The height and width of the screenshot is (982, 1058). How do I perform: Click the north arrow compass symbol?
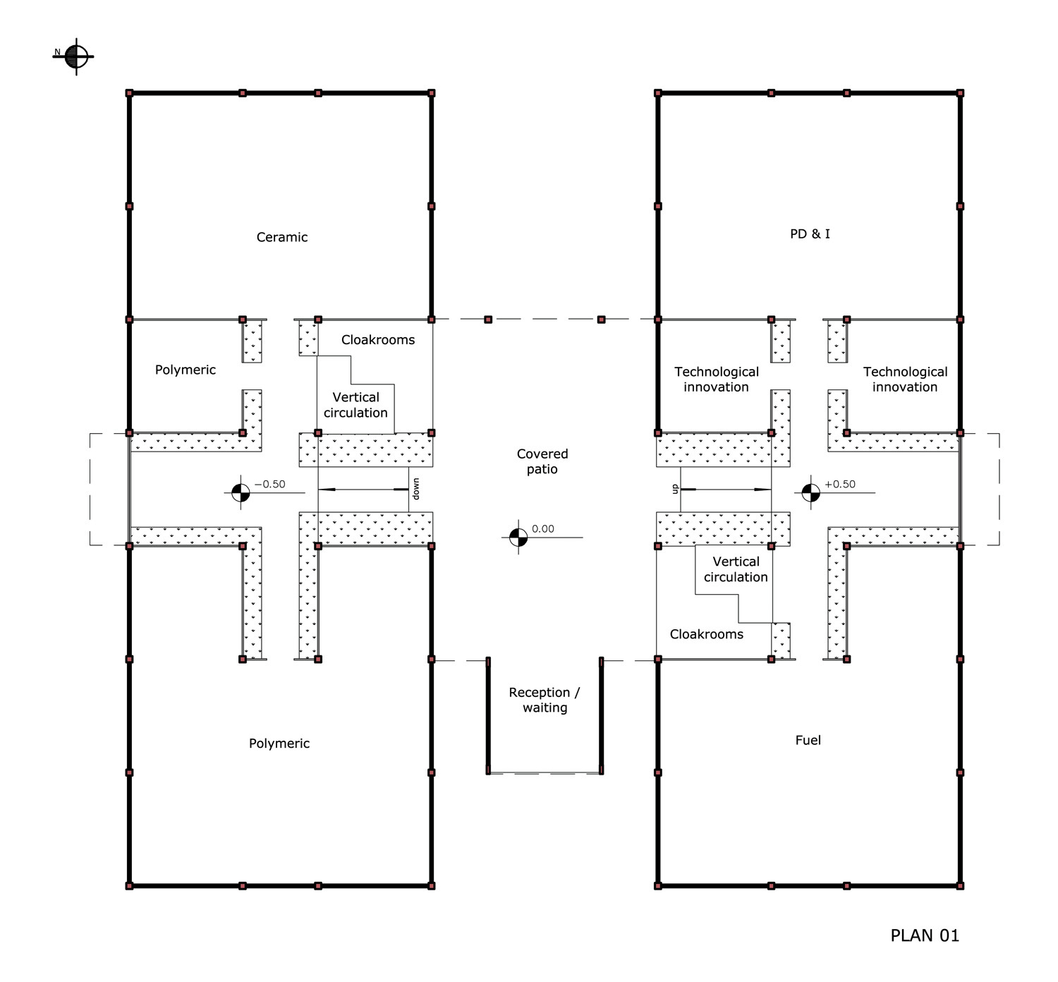pyautogui.click(x=76, y=56)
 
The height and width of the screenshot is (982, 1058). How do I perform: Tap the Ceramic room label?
pyautogui.click(x=282, y=237)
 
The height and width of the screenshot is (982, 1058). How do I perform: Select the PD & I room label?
pyautogui.click(x=810, y=234)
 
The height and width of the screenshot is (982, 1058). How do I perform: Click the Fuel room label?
pyautogui.click(x=808, y=740)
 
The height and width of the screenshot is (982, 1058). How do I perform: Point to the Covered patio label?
pyautogui.click(x=542, y=461)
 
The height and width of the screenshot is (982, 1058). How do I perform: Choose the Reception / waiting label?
pyautogui.click(x=545, y=700)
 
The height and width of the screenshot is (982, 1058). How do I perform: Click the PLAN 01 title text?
pyautogui.click(x=925, y=935)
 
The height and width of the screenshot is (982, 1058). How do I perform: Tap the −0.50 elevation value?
pyautogui.click(x=270, y=484)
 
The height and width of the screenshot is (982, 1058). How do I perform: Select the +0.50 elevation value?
pyautogui.click(x=839, y=484)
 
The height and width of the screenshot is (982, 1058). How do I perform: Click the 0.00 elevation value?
pyautogui.click(x=543, y=528)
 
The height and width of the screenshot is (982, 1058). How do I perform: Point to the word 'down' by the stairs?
pyautogui.click(x=415, y=489)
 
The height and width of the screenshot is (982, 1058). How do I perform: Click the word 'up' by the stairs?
pyautogui.click(x=674, y=489)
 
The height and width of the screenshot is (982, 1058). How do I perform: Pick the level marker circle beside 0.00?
pyautogui.click(x=518, y=538)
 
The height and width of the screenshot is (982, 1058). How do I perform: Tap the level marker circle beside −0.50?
pyautogui.click(x=241, y=493)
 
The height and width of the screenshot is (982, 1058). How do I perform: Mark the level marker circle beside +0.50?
pyautogui.click(x=811, y=493)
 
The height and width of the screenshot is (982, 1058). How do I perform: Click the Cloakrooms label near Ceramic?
pyautogui.click(x=377, y=340)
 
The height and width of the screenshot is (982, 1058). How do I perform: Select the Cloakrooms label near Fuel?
pyautogui.click(x=707, y=634)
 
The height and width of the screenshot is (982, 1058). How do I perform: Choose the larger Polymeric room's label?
pyautogui.click(x=279, y=744)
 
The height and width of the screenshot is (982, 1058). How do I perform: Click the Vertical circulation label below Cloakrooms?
pyautogui.click(x=355, y=405)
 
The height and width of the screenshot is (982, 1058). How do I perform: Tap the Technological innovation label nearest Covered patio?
pyautogui.click(x=717, y=380)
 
